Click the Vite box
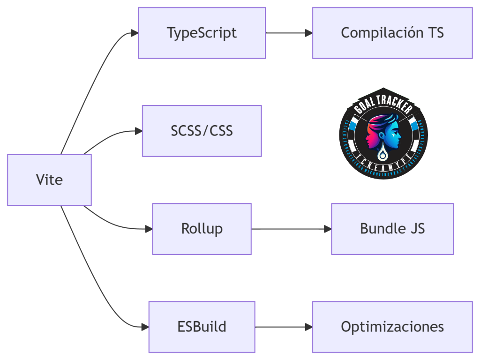coord(49,180)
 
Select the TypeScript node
coord(202,33)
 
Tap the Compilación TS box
coord(392,33)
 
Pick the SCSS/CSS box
coord(202,131)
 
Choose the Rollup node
coord(202,229)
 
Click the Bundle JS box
coord(392,229)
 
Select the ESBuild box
coord(202,327)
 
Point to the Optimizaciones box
coord(392,327)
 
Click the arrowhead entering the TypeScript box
coord(135,33)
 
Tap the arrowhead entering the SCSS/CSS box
coord(139,131)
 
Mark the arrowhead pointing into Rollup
coord(149,229)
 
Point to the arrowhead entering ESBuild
coord(145,327)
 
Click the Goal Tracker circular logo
coord(383,134)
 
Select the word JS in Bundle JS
coord(417,229)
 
